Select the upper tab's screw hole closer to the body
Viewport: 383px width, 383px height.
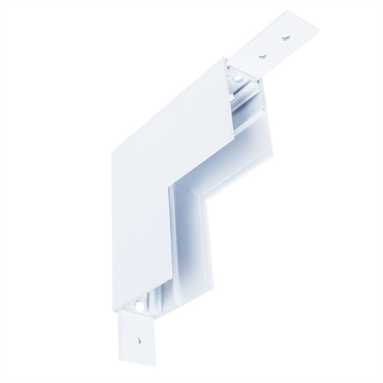click(x=263, y=56)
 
